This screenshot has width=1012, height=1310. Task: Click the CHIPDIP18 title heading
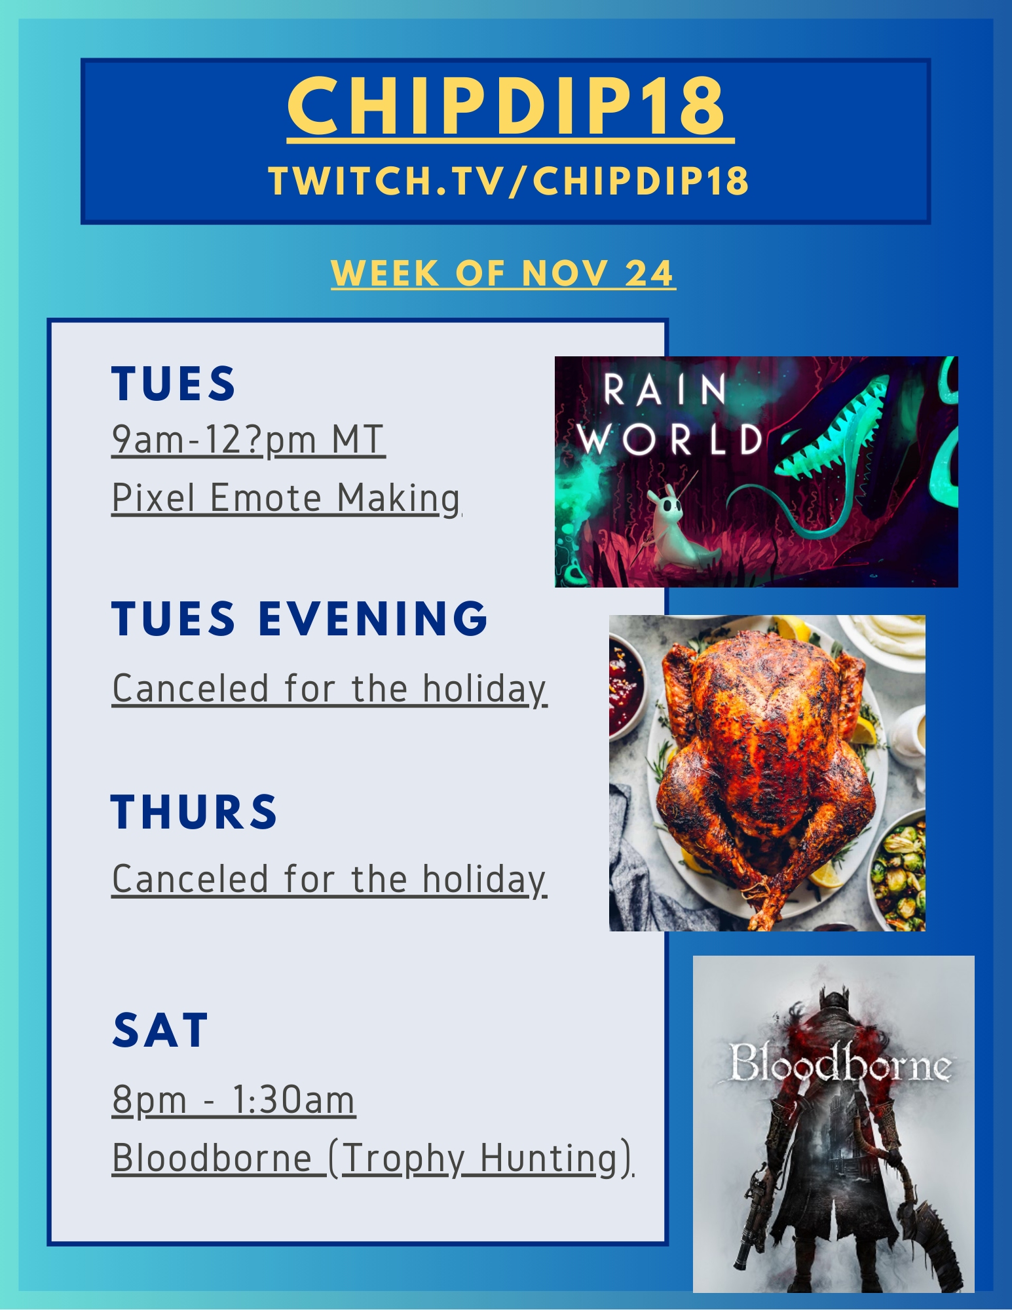[507, 106]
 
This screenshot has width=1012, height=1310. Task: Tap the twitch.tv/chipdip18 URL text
[509, 181]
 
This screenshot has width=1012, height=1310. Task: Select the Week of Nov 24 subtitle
[503, 273]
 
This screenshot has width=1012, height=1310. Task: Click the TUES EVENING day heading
[299, 618]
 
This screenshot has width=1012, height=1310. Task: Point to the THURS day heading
[194, 812]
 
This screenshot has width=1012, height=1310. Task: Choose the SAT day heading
[160, 1030]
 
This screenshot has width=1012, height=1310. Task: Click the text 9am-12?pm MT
[248, 440]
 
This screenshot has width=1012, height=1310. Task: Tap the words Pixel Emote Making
[286, 498]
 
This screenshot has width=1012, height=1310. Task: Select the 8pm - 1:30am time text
[234, 1100]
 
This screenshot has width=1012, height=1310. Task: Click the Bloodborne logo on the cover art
[839, 1062]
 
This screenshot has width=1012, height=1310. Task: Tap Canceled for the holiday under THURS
[329, 880]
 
